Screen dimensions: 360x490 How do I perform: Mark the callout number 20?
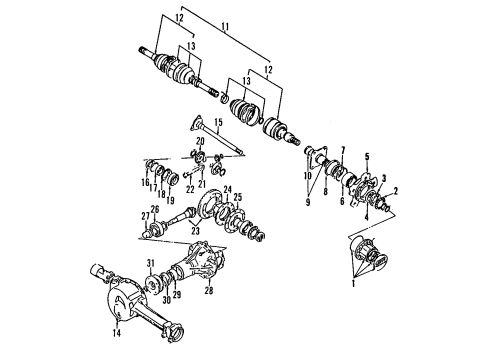click(x=200, y=142)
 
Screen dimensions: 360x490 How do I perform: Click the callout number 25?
click(x=238, y=197)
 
